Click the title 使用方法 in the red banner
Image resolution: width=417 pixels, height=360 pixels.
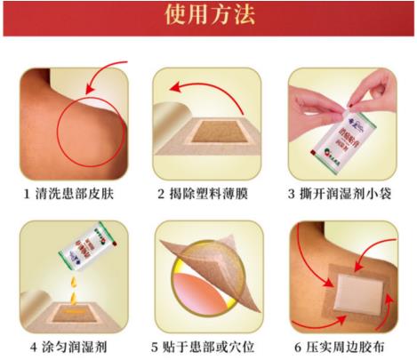[208, 17]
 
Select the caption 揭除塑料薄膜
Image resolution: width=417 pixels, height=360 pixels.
[215, 193]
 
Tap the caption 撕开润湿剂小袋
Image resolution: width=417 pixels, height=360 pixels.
[349, 193]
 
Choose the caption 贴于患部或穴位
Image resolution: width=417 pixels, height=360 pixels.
[215, 346]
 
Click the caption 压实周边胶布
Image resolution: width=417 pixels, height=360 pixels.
[349, 346]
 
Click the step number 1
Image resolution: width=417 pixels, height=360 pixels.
[28, 193]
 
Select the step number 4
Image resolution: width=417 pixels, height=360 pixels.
[34, 346]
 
